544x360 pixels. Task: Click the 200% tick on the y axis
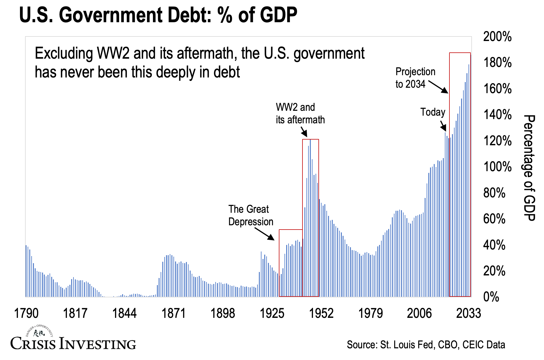(497, 37)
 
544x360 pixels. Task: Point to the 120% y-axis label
(497, 141)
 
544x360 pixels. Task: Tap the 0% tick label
(491, 297)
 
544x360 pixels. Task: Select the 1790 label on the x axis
(26, 313)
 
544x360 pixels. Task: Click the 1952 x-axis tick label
(321, 313)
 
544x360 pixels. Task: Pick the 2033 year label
(468, 313)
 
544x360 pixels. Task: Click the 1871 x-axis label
(173, 313)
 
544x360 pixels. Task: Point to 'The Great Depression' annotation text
(251, 215)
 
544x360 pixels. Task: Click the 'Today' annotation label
(433, 112)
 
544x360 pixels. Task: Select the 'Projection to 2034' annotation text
(415, 78)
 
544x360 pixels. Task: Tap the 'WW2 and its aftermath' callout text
(300, 113)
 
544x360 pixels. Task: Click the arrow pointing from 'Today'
(443, 125)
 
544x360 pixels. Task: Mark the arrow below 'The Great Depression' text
(264, 234)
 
